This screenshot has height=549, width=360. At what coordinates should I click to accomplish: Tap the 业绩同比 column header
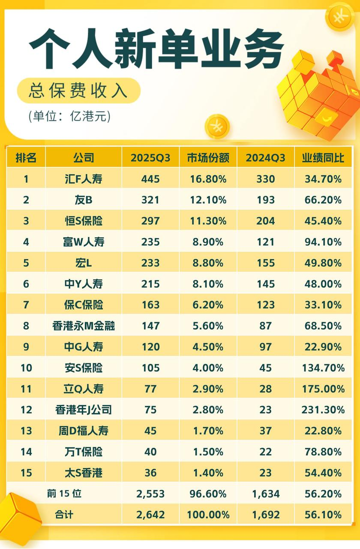[323, 158]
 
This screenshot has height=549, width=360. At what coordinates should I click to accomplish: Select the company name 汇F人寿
[83, 179]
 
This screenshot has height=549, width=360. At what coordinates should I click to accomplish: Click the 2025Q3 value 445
[150, 179]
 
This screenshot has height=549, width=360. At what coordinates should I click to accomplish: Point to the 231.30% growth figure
[323, 410]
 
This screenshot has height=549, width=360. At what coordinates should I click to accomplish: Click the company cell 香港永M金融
[83, 326]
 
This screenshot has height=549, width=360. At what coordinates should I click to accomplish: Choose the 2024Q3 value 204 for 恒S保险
[265, 221]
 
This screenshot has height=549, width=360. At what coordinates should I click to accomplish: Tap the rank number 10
[26, 368]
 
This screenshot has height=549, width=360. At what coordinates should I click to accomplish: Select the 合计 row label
[64, 515]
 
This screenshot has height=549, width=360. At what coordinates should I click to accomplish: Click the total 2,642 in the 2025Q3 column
[150, 515]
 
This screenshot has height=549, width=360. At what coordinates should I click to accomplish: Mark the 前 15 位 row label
[64, 494]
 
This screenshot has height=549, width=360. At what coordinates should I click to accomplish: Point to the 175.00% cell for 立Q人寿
[323, 389]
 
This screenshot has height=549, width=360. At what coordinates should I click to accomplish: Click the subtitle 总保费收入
[78, 91]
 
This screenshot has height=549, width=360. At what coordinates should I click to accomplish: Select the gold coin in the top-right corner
[339, 16]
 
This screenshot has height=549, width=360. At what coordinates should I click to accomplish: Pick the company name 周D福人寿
[83, 431]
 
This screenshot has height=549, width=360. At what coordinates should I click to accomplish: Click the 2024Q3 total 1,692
[265, 515]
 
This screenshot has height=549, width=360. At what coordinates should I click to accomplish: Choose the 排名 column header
[26, 158]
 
